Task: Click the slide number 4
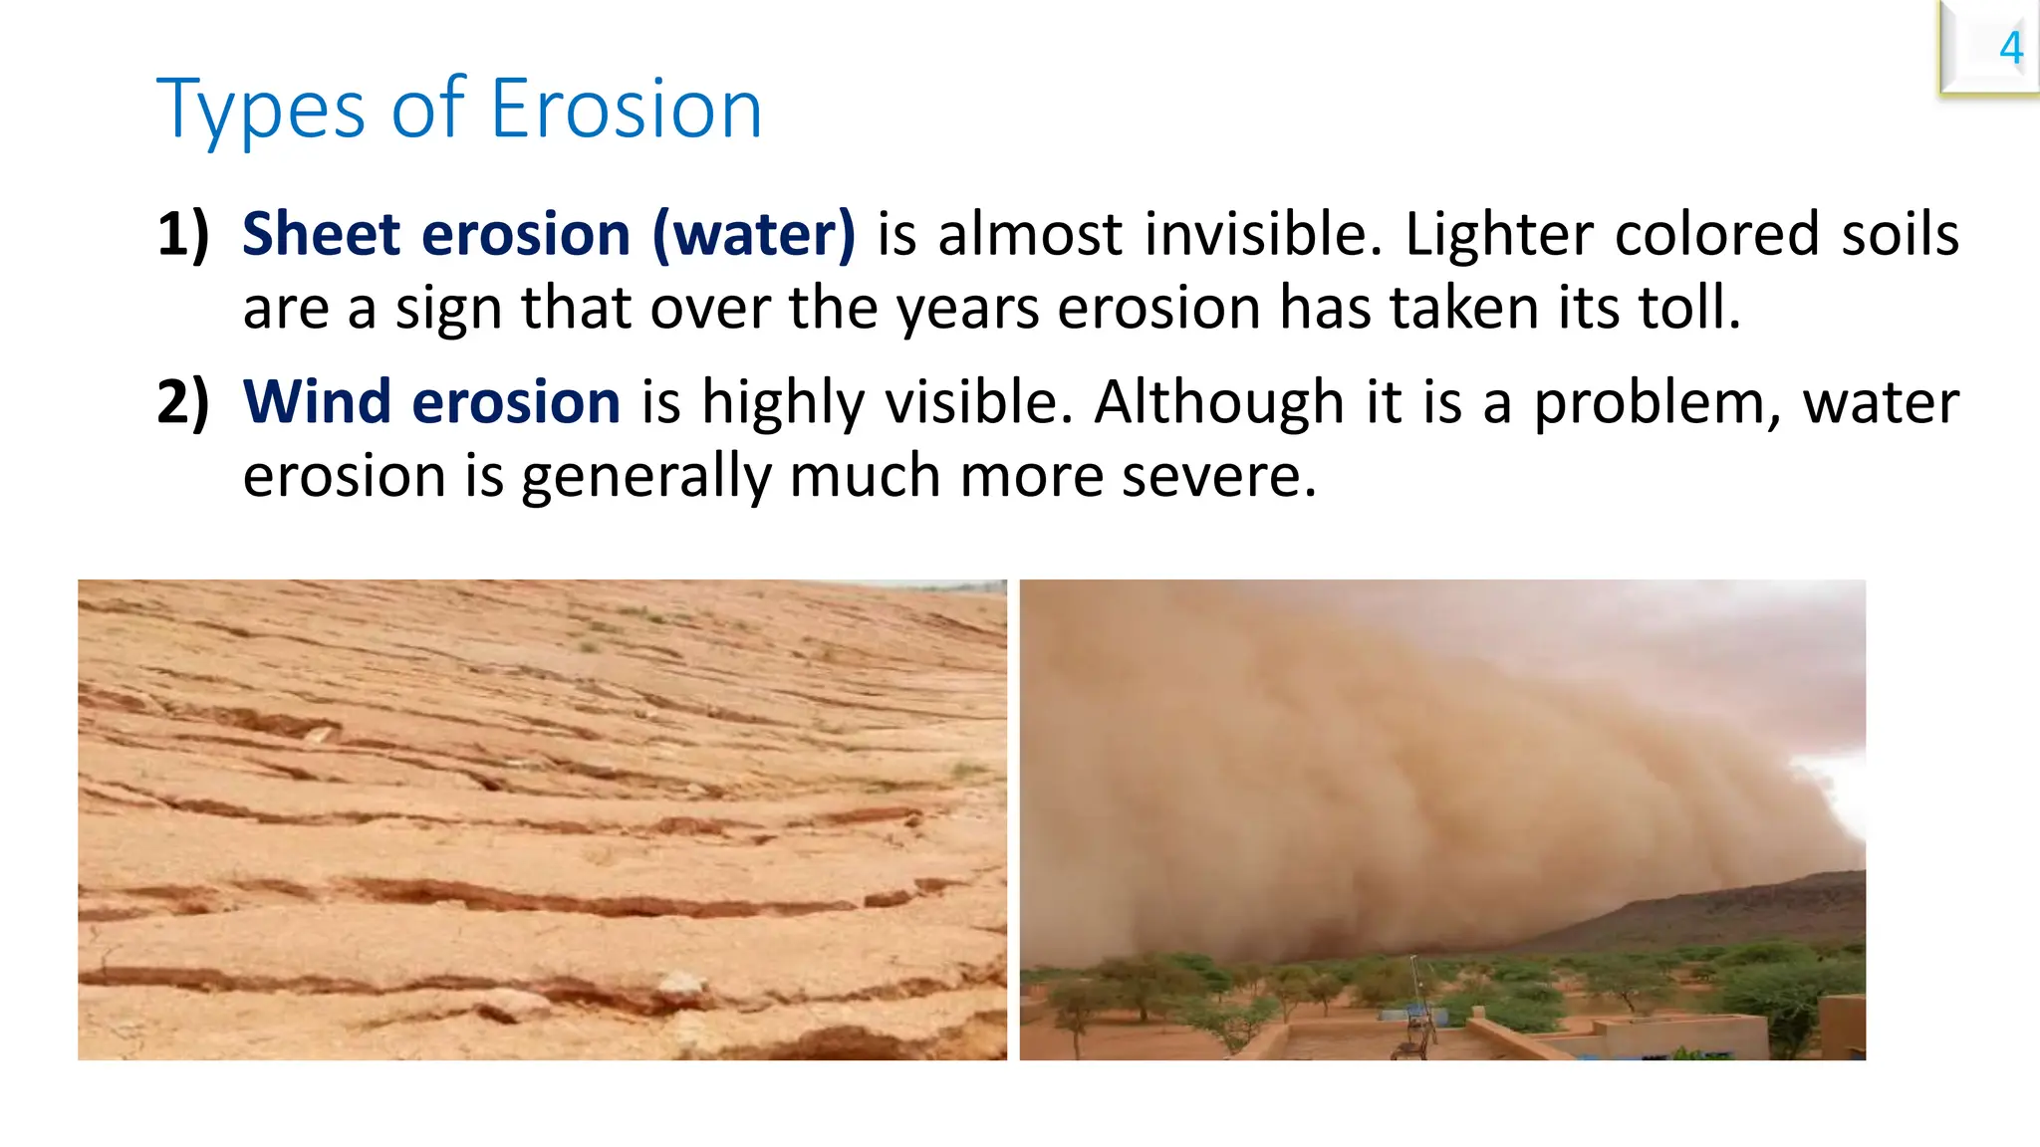pos(2010,48)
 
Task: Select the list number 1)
pos(183,235)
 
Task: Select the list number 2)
pos(183,402)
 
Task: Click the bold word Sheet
pos(321,235)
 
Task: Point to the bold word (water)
pos(754,235)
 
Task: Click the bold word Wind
pos(317,402)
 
